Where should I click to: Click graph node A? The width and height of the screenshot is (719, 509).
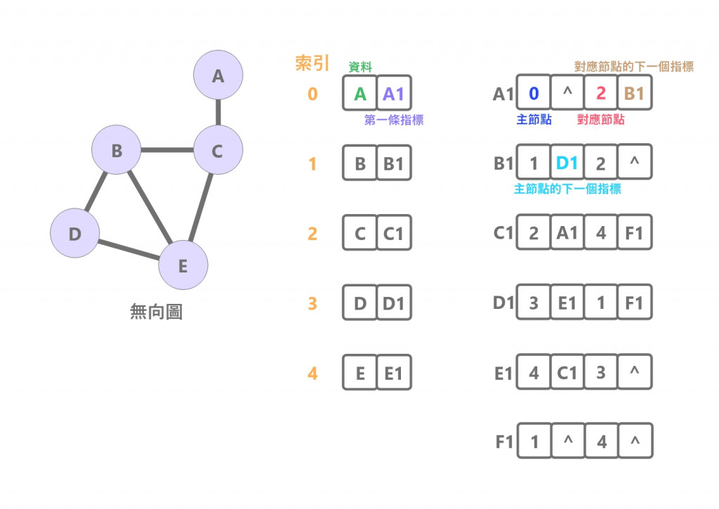click(218, 75)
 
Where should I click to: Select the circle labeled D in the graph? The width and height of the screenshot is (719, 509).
click(74, 234)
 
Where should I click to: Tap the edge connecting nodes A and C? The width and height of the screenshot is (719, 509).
click(218, 112)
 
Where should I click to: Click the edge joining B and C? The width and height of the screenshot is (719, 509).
click(167, 150)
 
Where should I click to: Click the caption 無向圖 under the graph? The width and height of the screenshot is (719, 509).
click(156, 312)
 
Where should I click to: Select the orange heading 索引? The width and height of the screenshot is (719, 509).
click(312, 64)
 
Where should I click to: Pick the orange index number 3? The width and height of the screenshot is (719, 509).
click(312, 304)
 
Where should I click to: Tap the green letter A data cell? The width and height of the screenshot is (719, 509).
click(360, 93)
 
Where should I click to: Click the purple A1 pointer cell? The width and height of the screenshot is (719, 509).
click(394, 93)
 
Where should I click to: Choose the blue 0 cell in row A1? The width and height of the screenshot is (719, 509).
click(534, 93)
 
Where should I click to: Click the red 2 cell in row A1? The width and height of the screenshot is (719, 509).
click(600, 93)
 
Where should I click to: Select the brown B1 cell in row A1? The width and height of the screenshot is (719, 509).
click(634, 93)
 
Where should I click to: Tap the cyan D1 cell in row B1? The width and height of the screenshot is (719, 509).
click(567, 164)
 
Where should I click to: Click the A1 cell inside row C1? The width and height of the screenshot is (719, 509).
click(567, 232)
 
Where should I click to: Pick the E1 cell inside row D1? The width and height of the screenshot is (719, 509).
click(567, 303)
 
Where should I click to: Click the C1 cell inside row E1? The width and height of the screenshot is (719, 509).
click(567, 372)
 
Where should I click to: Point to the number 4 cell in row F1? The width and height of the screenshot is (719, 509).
click(600, 442)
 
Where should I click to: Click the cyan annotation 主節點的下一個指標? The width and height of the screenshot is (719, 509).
click(567, 190)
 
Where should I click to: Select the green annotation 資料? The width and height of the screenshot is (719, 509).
click(360, 67)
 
